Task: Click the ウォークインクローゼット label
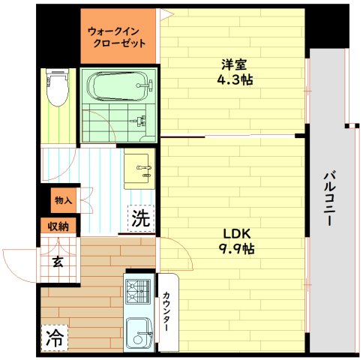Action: tap(116, 37)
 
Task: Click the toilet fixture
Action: tap(57, 85)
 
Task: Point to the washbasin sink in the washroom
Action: tap(139, 170)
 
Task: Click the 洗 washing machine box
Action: tap(140, 219)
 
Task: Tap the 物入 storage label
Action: tap(64, 200)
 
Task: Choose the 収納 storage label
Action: tap(58, 226)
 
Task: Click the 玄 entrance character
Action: tap(58, 262)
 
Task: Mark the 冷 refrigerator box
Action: tap(54, 336)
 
